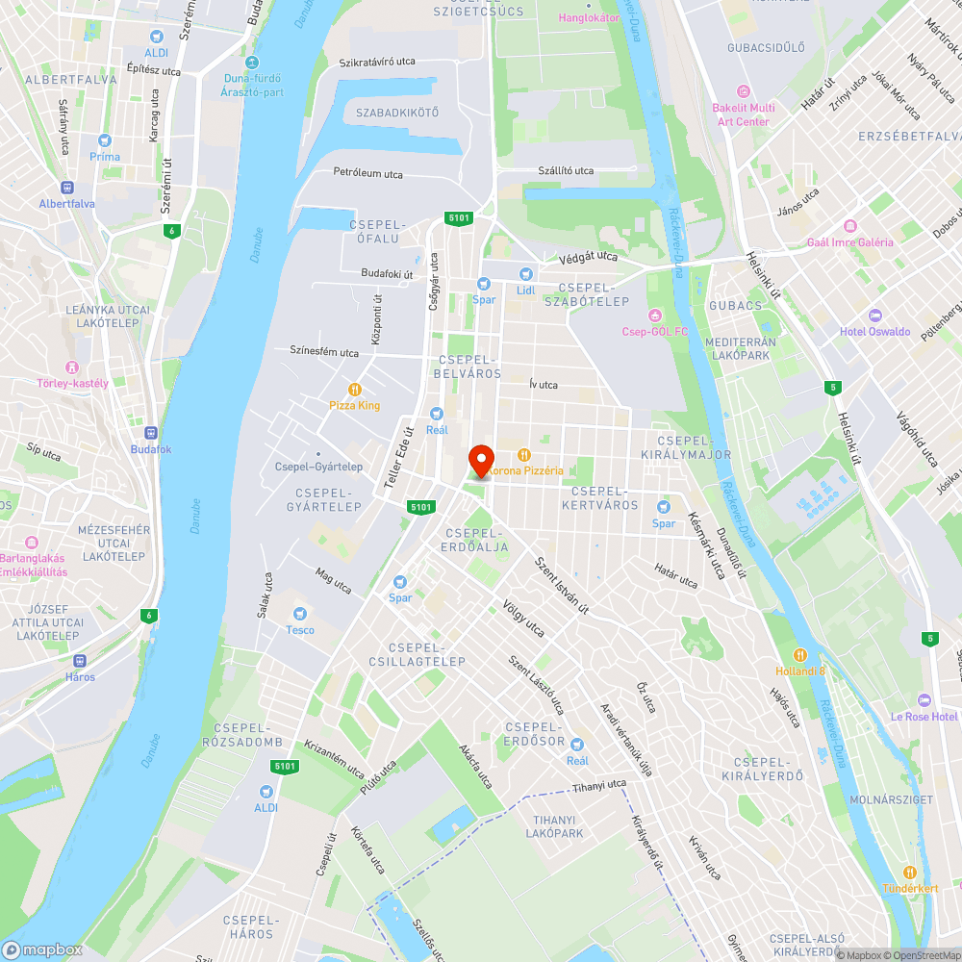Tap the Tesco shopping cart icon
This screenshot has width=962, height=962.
click(300, 613)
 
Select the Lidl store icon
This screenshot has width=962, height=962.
click(525, 273)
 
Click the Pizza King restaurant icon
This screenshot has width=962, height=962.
click(355, 389)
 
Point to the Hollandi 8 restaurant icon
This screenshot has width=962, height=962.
click(800, 653)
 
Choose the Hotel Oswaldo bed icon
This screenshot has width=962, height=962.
click(874, 316)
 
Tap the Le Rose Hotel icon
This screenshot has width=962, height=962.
click(924, 699)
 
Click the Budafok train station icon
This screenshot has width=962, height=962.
click(151, 433)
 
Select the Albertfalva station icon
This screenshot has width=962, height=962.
click(67, 187)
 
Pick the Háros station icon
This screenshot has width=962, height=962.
click(81, 661)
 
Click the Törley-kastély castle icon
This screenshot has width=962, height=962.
click(71, 367)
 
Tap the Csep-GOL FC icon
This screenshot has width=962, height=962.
click(655, 316)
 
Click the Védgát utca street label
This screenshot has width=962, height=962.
click(588, 258)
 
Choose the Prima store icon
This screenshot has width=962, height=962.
click(105, 140)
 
